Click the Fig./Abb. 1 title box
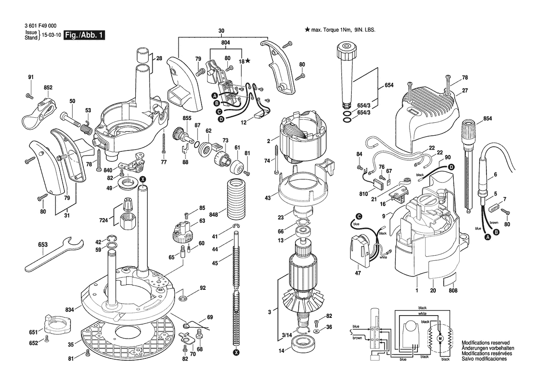point(84,35)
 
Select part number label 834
point(69,310)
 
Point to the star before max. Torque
point(307,29)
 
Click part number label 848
point(214,215)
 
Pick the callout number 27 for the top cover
point(465,91)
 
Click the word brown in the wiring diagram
point(357,338)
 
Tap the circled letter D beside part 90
point(451,167)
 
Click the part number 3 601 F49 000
point(41,26)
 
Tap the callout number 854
point(487,118)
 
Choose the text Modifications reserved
point(486,343)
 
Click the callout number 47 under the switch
point(358,273)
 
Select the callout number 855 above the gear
point(187,118)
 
